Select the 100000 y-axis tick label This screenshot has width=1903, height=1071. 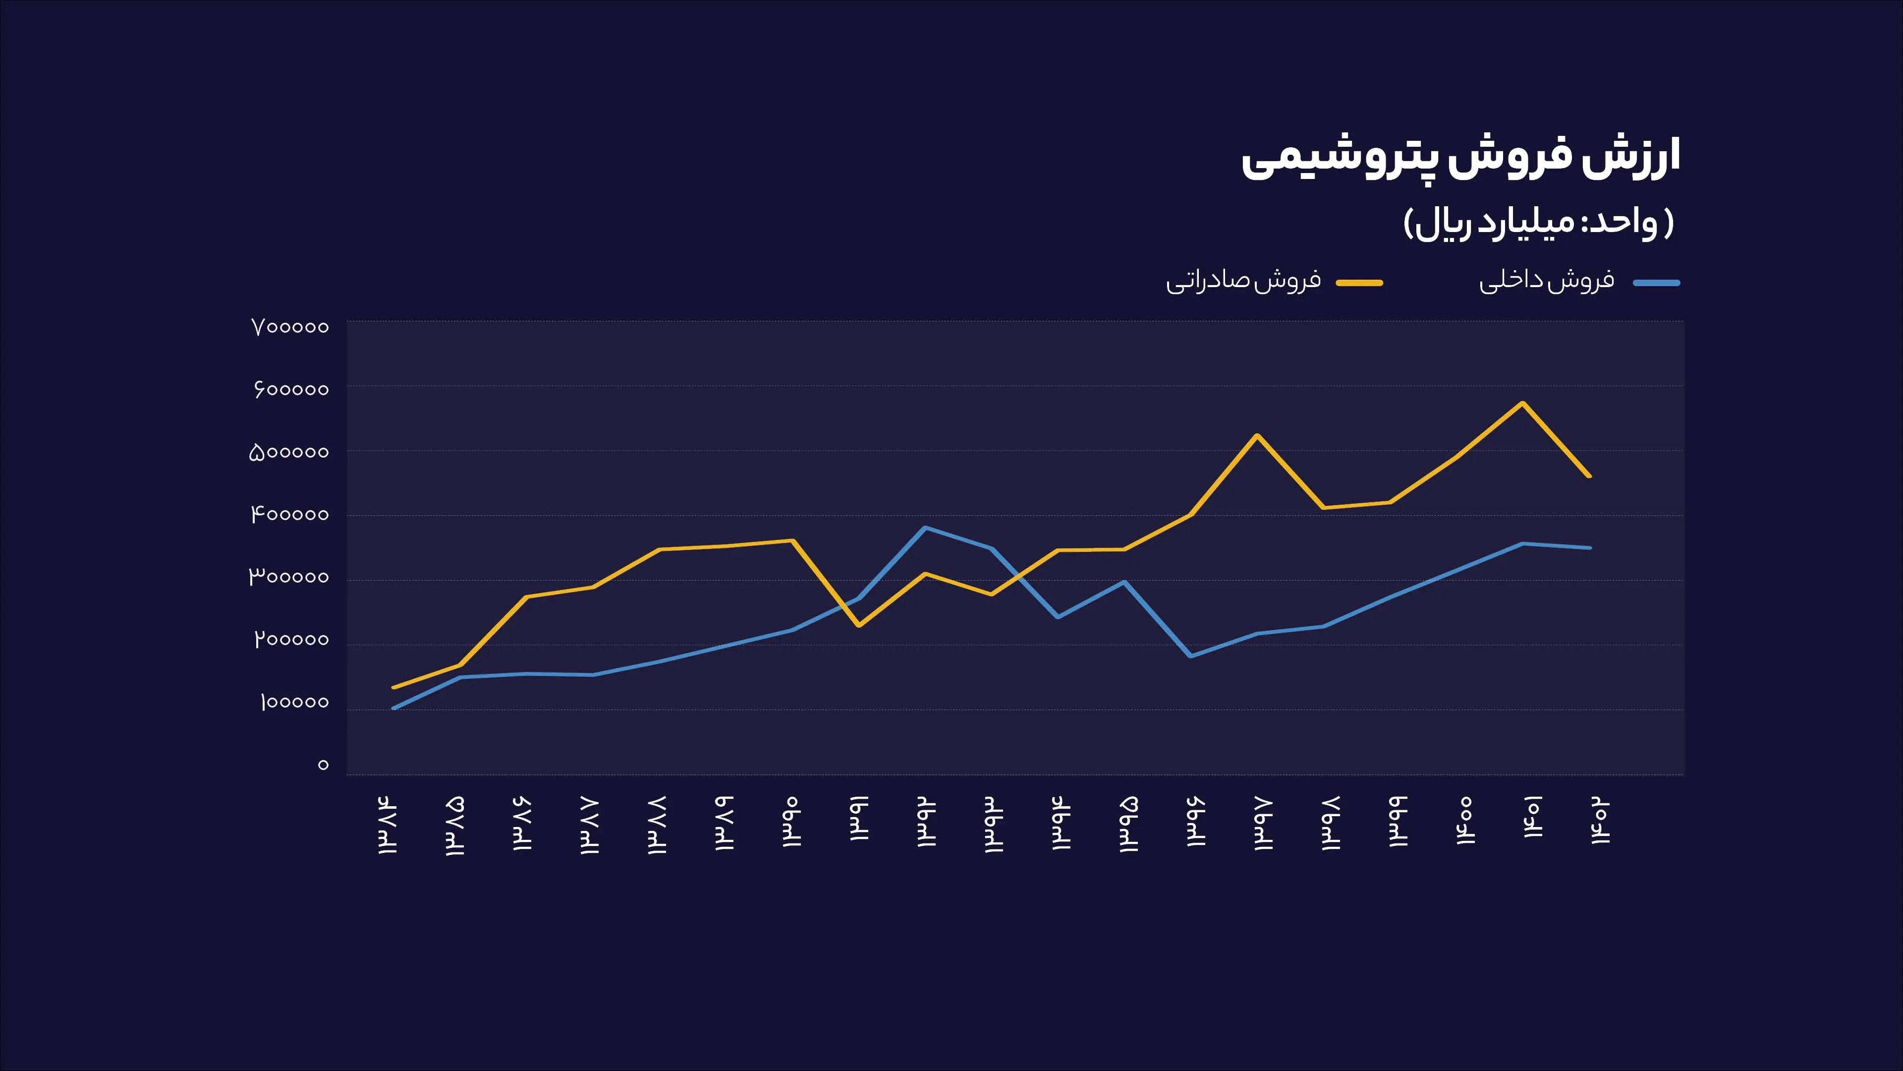[x=294, y=702]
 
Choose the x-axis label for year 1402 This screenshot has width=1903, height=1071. [x=1600, y=821]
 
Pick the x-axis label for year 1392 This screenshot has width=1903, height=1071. [x=926, y=822]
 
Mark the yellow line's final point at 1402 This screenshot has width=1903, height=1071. [x=1589, y=476]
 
